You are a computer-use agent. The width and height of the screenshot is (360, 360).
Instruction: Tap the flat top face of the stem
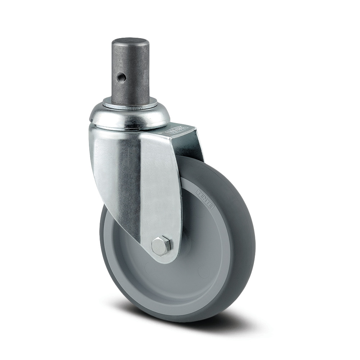coord(130,41)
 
